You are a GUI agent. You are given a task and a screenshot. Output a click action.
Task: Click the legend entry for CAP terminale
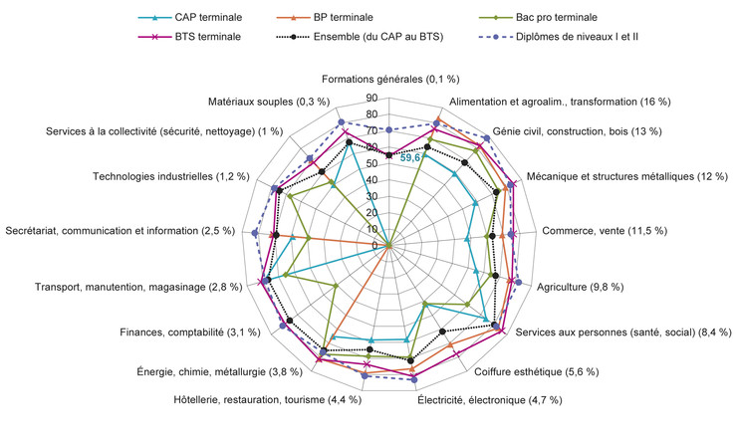point(190,17)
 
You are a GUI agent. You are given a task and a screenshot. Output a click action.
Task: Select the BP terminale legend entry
point(326,17)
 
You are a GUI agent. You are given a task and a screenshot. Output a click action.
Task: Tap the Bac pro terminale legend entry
point(538,17)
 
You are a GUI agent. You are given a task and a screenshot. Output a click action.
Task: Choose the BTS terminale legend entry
point(189,37)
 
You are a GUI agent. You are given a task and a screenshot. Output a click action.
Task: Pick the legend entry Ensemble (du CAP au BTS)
point(361,37)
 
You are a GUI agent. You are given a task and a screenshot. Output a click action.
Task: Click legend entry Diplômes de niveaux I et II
point(559,37)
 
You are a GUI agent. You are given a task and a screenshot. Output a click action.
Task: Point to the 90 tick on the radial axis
point(371,99)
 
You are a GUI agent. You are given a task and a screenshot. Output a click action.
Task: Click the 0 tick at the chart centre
point(374,246)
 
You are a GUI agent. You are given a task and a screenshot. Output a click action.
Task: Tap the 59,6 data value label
point(410,158)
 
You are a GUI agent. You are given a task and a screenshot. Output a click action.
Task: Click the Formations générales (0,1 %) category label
point(390,79)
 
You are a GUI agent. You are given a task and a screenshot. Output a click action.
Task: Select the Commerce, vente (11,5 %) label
point(605,231)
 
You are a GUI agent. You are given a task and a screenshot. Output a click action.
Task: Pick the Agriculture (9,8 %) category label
point(581,287)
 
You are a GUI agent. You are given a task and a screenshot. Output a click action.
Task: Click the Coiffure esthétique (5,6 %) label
point(536,372)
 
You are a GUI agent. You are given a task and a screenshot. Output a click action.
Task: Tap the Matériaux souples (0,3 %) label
point(269,102)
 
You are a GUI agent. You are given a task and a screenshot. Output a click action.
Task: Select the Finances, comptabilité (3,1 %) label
point(190,332)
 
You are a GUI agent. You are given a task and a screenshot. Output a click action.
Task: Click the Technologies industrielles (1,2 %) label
point(171,176)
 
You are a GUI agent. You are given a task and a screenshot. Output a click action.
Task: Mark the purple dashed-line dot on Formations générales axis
point(388,129)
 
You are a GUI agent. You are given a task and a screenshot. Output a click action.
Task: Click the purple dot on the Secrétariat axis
point(255,233)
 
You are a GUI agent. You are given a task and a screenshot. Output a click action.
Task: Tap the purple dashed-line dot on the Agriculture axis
point(519,282)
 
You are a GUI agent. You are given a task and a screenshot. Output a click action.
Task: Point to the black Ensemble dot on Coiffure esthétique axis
point(442,331)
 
